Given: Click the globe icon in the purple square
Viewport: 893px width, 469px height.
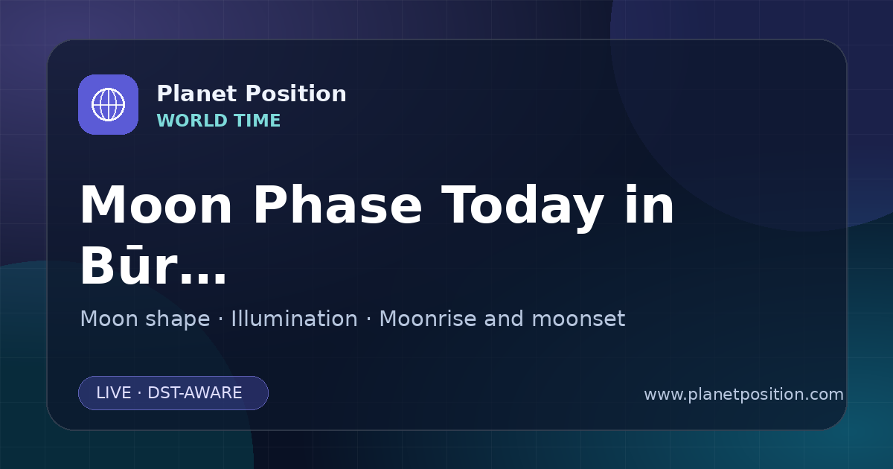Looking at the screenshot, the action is click(108, 104).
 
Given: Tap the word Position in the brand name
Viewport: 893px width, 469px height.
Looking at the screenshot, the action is click(296, 94).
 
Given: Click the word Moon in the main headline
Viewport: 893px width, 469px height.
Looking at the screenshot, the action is click(156, 205).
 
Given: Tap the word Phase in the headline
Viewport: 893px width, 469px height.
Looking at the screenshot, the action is click(337, 205).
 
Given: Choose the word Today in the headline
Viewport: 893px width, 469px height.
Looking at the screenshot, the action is click(522, 208).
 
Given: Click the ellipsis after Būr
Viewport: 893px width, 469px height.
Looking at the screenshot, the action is click(202, 278).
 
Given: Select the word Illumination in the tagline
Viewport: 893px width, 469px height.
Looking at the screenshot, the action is click(294, 319).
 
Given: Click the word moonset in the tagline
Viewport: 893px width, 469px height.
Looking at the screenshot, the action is click(578, 319).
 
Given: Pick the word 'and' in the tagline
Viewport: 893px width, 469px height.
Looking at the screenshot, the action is click(504, 319).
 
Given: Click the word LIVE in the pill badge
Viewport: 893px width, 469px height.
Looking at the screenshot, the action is click(114, 393).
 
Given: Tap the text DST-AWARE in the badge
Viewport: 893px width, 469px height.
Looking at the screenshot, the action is click(194, 393).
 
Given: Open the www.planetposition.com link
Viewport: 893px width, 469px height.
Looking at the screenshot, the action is click(743, 395).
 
